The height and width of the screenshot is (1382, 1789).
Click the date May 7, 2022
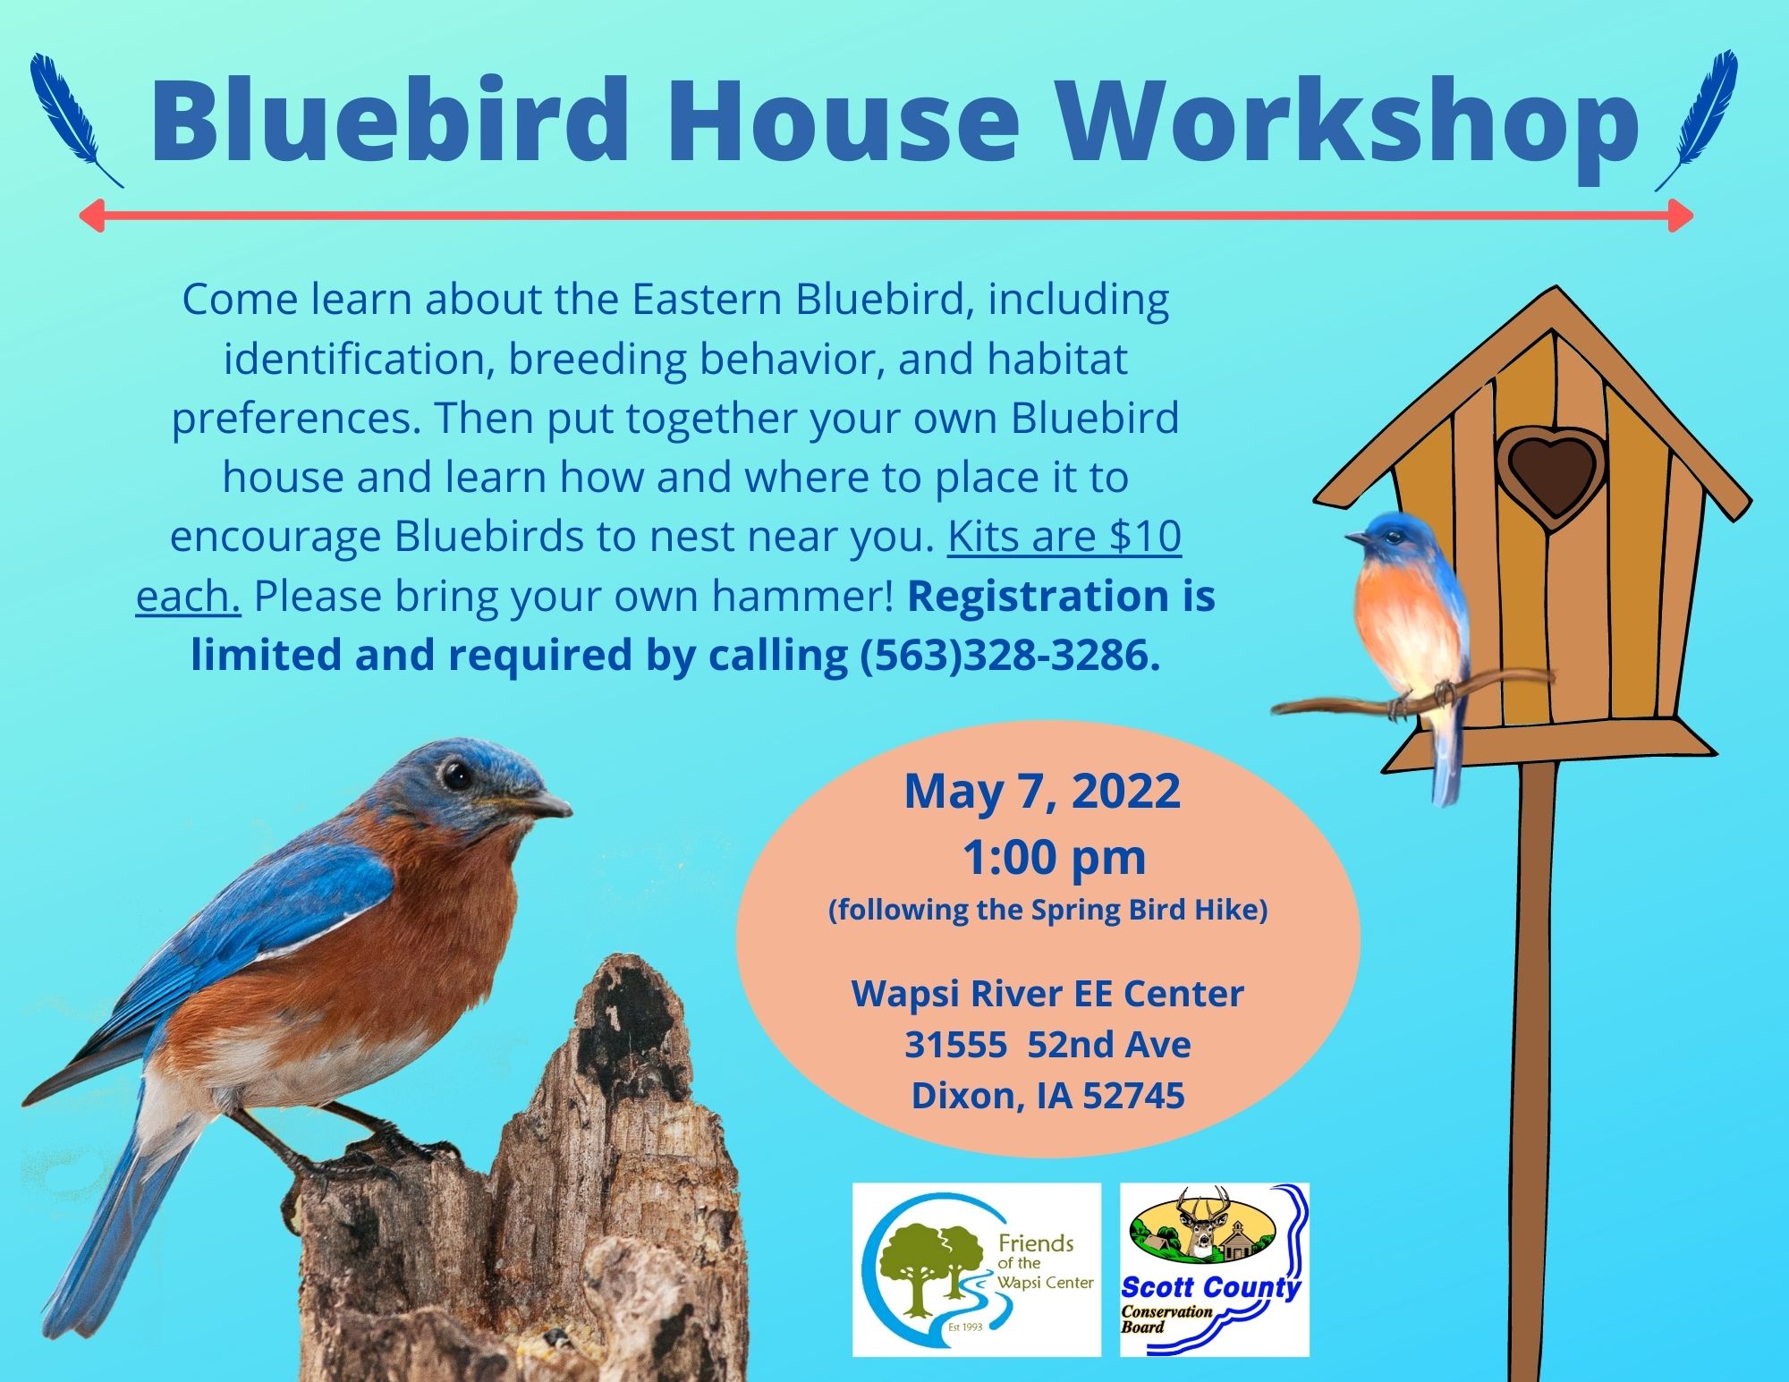[1042, 791]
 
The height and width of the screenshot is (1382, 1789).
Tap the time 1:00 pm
[1055, 858]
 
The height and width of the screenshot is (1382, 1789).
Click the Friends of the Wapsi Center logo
[977, 1269]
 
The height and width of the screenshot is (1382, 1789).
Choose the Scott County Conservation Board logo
[1215, 1269]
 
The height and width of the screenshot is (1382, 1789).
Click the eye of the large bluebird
[457, 774]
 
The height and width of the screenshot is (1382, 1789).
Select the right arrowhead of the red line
[1680, 216]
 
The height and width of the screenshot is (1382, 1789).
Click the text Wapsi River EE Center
[1047, 994]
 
